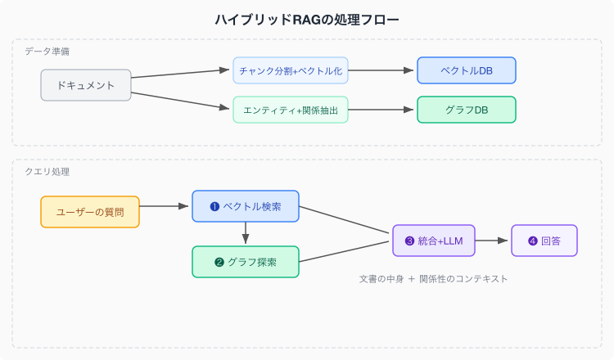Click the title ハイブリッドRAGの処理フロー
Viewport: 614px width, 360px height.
(x=307, y=20)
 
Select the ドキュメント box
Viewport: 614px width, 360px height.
(x=86, y=85)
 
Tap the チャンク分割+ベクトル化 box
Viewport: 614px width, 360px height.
(x=291, y=70)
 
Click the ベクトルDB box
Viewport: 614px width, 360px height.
(x=467, y=70)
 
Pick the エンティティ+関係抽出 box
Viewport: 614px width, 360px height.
(x=291, y=110)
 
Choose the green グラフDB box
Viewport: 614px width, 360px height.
(x=467, y=110)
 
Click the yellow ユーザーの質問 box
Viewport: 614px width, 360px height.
(x=90, y=212)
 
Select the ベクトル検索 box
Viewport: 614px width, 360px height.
(x=246, y=206)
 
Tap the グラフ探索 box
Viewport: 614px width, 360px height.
(x=246, y=262)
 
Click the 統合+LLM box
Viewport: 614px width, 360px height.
(x=434, y=241)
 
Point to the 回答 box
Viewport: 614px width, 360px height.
(x=544, y=241)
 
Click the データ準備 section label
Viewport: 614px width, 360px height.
(x=47, y=52)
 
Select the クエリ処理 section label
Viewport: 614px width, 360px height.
(x=47, y=171)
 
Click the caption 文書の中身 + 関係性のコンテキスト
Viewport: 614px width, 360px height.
(x=433, y=279)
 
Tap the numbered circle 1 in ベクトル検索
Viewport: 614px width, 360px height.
(x=214, y=206)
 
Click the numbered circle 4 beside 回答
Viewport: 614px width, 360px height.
(x=533, y=241)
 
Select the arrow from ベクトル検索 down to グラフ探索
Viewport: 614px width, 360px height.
(x=246, y=233)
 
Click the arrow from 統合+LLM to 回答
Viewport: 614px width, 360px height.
(x=491, y=241)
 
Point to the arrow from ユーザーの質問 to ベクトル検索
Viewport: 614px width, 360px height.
(x=164, y=206)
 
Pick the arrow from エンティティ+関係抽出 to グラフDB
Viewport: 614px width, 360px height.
(x=381, y=110)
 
